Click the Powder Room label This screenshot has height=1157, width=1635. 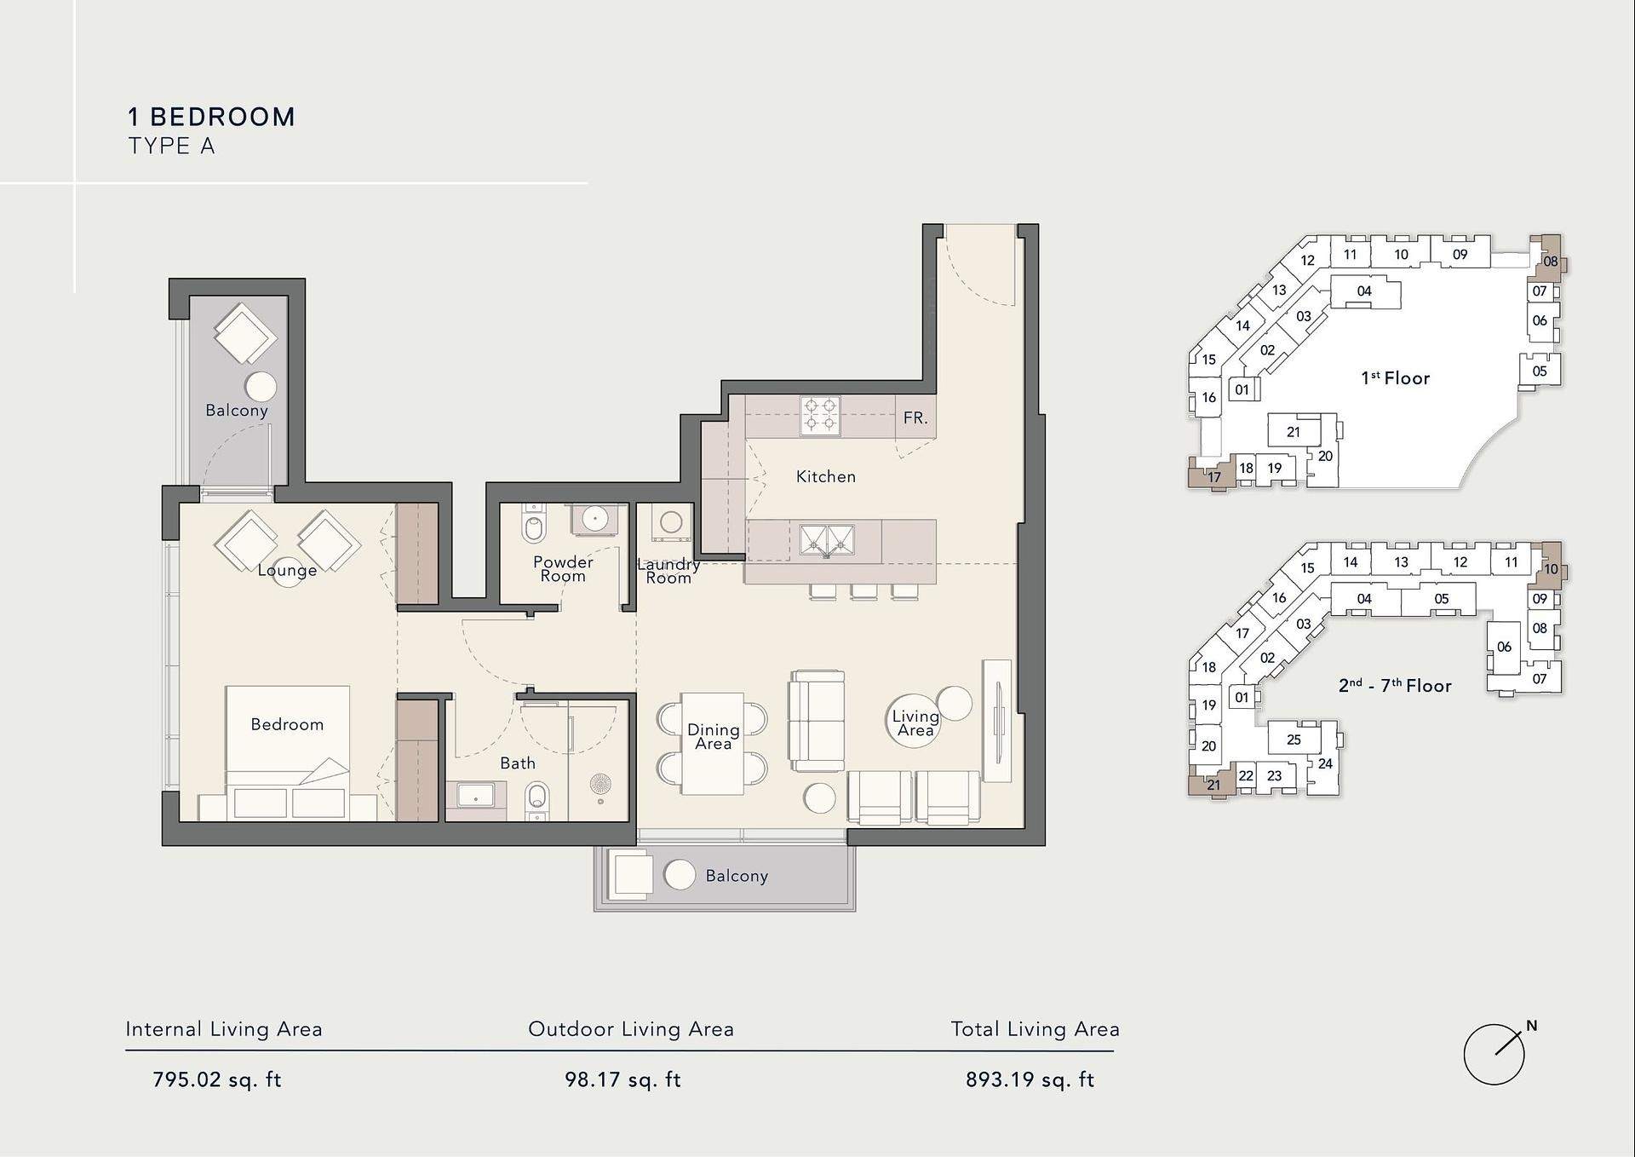(x=563, y=569)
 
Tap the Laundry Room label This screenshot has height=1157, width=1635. (x=668, y=571)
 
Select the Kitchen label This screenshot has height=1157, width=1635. (x=826, y=477)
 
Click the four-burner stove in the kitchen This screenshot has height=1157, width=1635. (x=820, y=415)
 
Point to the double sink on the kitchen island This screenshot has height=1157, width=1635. (x=827, y=540)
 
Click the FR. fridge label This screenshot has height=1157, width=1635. (x=915, y=418)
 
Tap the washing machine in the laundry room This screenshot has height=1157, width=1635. (x=671, y=523)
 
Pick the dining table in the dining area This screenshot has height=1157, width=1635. (x=713, y=744)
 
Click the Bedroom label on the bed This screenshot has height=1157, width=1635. (x=287, y=725)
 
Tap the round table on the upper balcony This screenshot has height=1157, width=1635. (x=261, y=386)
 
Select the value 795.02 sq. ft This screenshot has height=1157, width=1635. (x=216, y=1080)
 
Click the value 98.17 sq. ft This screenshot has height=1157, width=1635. (x=622, y=1080)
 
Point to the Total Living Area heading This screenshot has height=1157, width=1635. (x=1035, y=1029)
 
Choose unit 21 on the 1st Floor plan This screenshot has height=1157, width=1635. (x=1294, y=432)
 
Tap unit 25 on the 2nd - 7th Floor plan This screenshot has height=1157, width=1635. (x=1294, y=740)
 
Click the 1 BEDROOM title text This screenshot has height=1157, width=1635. (x=211, y=117)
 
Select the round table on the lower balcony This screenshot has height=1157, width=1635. (x=680, y=875)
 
